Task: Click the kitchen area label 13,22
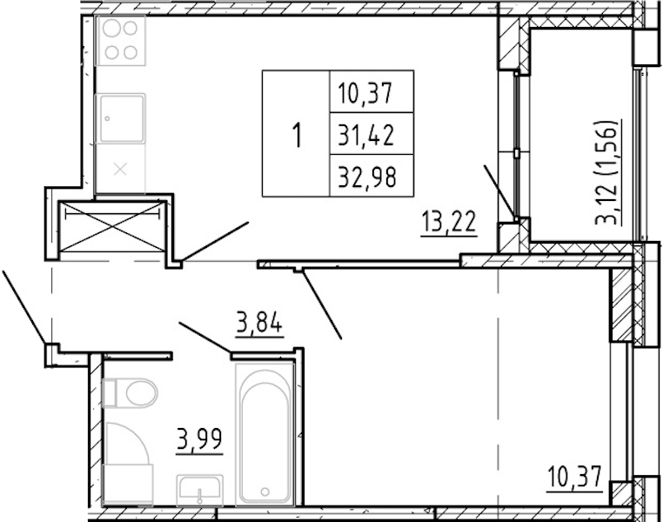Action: coord(449,222)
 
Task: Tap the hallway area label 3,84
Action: coord(259,325)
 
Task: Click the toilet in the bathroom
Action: coord(130,393)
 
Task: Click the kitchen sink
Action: coord(121,119)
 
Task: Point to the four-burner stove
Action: coord(121,41)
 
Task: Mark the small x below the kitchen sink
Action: coord(121,170)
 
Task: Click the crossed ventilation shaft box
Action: coord(112,226)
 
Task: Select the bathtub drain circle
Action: coord(265,492)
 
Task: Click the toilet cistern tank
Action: coord(109,393)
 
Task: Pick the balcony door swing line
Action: coord(500,192)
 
